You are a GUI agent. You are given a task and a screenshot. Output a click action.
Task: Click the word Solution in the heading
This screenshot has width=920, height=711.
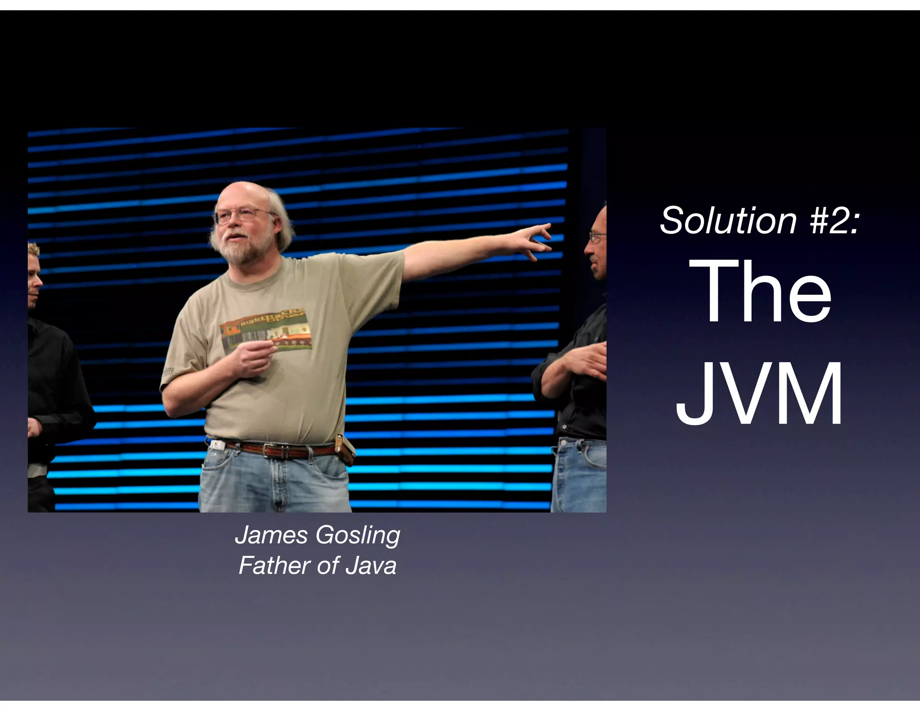click(x=728, y=221)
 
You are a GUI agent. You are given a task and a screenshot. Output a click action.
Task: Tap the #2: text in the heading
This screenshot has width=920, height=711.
click(x=835, y=221)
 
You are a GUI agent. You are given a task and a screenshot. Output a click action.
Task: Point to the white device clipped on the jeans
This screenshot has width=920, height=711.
click(x=218, y=445)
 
